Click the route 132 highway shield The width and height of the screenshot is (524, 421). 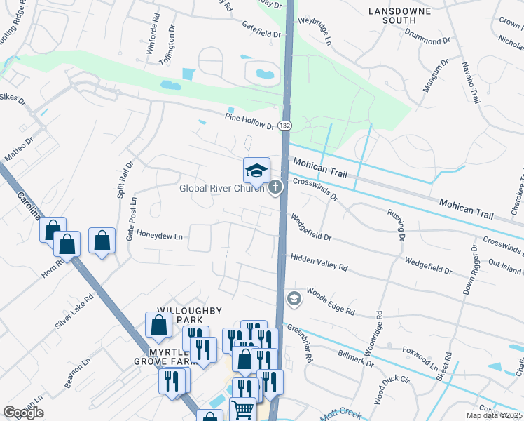click(284, 125)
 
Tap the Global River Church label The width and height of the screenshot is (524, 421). click(221, 188)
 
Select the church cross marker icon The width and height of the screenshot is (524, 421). click(275, 187)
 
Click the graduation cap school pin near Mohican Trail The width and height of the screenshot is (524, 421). click(256, 170)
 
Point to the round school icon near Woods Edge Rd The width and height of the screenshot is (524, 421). click(294, 299)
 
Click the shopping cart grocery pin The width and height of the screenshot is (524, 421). click(243, 408)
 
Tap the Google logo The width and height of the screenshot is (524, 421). click(23, 413)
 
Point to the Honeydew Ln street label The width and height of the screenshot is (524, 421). click(159, 236)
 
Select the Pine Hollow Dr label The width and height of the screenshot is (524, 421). click(249, 121)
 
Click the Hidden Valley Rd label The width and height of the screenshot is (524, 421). click(319, 262)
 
